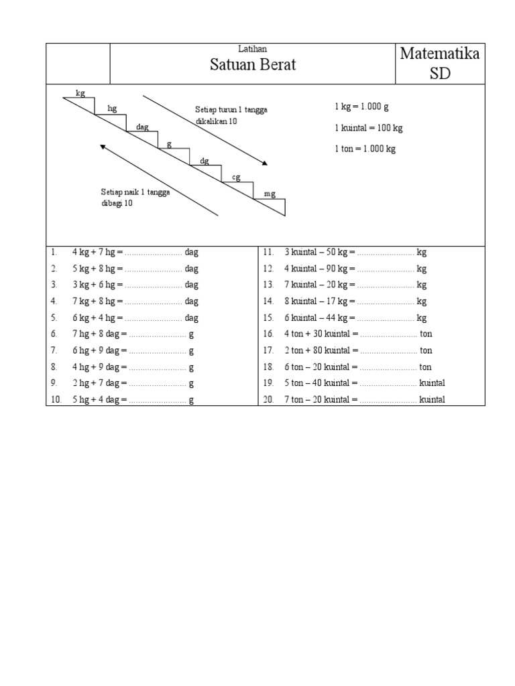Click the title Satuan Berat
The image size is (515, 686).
[253, 66]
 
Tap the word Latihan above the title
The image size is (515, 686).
[253, 49]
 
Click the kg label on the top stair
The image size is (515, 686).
[80, 93]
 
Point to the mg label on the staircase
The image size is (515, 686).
[270, 194]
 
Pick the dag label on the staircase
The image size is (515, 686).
[142, 127]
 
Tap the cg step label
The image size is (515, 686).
[236, 177]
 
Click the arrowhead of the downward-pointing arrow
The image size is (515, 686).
[266, 163]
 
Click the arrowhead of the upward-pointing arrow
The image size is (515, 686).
[103, 147]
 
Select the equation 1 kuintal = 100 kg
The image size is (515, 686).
[368, 127]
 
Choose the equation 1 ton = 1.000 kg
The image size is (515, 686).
[365, 149]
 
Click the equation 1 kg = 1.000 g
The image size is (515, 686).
[361, 107]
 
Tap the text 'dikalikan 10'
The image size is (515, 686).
[216, 122]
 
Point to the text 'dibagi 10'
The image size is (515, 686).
[117, 204]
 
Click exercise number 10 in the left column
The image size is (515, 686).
[56, 400]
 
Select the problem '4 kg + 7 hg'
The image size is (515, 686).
[97, 253]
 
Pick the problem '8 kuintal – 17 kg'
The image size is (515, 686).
[315, 301]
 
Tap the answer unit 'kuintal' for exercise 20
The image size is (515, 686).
[432, 400]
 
